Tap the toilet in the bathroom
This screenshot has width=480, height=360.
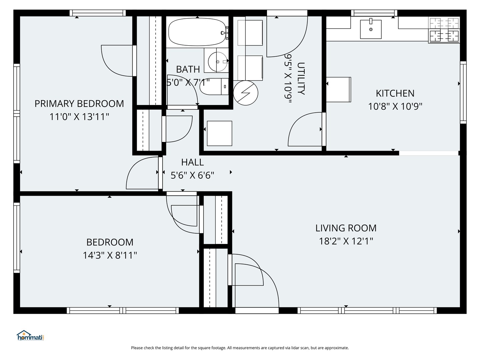[214, 87]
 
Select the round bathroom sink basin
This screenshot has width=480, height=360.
[218, 62]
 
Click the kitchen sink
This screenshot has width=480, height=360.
[371, 29]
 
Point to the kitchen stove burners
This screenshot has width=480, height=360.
[444, 30]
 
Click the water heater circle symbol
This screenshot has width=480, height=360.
[246, 93]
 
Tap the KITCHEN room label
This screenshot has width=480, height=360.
[395, 94]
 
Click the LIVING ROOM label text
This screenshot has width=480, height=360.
[346, 228]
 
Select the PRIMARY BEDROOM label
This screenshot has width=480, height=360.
[79, 104]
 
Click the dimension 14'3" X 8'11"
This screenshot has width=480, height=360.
[110, 255]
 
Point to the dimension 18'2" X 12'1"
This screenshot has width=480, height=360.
[346, 241]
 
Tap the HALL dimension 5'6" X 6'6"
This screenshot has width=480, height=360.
[192, 175]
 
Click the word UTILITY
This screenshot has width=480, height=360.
[301, 78]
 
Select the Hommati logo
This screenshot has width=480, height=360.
[31, 336]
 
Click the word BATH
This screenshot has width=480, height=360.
[188, 70]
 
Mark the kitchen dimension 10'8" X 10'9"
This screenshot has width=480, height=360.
[395, 107]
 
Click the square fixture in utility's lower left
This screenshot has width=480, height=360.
[219, 133]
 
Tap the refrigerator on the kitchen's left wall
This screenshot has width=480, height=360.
[339, 89]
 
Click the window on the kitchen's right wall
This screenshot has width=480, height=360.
[463, 92]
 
